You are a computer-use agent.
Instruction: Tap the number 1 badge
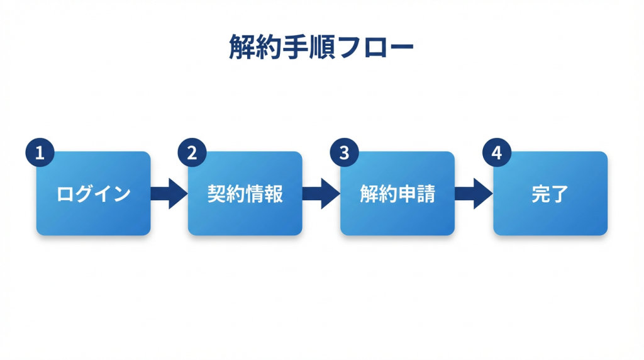40,153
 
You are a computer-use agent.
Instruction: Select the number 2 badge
192,153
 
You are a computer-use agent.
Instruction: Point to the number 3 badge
344,153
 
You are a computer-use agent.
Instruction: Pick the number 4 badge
496,153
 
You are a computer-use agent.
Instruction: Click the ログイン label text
93,194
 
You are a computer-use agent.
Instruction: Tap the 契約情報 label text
245,194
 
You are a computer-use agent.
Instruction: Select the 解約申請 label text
397,194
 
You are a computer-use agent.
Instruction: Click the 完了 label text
550,194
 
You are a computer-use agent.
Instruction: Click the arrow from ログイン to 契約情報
169,193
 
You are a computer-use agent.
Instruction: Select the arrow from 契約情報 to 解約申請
321,193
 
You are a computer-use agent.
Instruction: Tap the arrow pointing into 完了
474,193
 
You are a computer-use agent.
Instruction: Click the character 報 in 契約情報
274,194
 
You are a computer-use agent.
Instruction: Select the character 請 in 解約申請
426,194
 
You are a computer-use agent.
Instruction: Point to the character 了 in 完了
559,194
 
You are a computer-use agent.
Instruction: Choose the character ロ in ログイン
65,194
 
